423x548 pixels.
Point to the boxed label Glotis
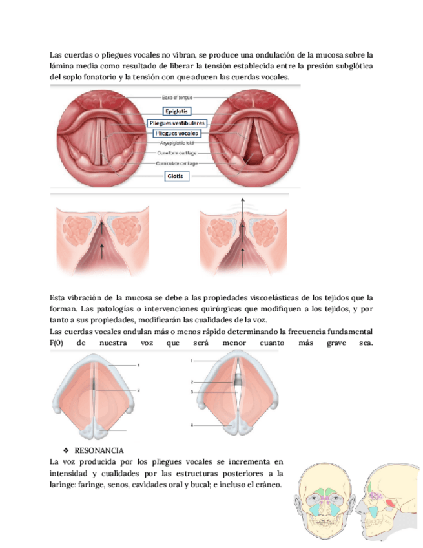(x=176, y=175)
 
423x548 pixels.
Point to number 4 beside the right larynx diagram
(x=192, y=425)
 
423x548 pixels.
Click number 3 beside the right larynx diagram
(x=192, y=392)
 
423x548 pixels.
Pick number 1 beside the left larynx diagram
(x=138, y=365)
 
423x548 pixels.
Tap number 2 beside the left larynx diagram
(x=138, y=390)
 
